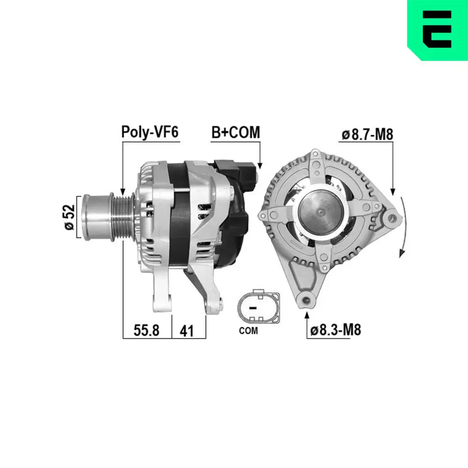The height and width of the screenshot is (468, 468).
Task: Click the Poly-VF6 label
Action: click(x=150, y=132)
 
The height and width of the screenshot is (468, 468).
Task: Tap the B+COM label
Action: click(x=235, y=132)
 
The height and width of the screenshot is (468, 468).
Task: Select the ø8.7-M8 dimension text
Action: click(x=367, y=135)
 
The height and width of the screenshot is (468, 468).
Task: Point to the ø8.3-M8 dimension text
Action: click(x=336, y=330)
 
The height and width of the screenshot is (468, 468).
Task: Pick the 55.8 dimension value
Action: click(x=146, y=330)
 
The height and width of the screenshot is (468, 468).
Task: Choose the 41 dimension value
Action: click(x=187, y=330)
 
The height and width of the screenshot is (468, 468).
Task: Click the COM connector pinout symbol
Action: click(x=258, y=308)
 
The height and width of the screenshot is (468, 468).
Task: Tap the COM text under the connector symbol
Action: click(x=248, y=331)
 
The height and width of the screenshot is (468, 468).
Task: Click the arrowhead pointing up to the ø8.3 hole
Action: click(x=307, y=314)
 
